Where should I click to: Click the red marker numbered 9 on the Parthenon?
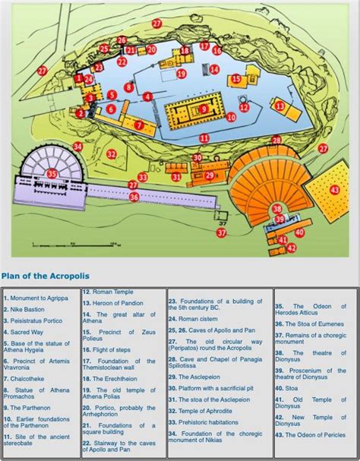point(204,109)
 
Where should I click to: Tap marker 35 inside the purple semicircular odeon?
point(52,174)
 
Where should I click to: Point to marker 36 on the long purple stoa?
point(134,197)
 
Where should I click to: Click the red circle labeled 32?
point(111,154)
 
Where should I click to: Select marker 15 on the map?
point(235,78)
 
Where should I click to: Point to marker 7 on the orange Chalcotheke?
point(139,125)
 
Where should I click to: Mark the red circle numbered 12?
point(245,106)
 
